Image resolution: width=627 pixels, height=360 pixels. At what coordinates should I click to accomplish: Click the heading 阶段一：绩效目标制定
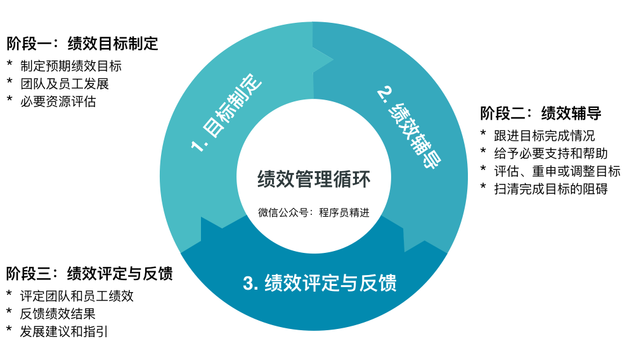82,44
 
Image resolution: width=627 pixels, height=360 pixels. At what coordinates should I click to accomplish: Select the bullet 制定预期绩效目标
70,66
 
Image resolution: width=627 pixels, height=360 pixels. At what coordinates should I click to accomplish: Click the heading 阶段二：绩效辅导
541,113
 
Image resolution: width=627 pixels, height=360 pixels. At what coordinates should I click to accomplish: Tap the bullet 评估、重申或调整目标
557,171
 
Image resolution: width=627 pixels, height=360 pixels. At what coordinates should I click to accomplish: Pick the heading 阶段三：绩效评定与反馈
89,273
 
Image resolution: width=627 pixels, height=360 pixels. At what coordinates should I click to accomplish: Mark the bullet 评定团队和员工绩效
77,295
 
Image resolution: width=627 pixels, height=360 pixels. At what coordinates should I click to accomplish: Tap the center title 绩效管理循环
314,179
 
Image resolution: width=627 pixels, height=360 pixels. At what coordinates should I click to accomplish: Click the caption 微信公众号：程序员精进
314,212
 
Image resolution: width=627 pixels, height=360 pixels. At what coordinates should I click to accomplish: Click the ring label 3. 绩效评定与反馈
320,283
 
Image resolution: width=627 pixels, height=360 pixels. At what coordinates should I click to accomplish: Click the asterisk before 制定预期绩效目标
10,65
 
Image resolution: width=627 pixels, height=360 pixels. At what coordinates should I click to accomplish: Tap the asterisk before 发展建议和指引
10,330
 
